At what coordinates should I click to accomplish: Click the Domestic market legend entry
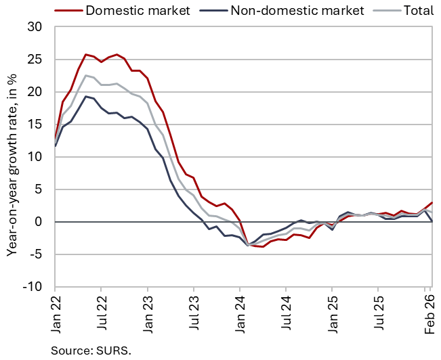[135, 10]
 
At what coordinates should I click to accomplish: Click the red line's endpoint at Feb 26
[432, 203]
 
